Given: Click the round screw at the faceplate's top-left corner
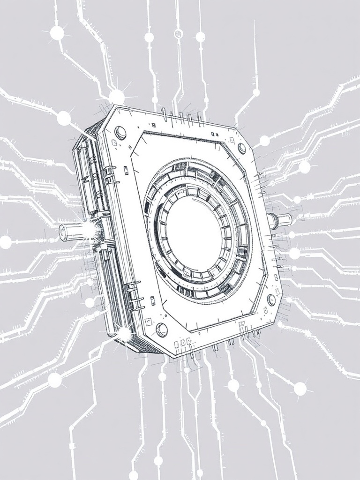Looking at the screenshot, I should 120,132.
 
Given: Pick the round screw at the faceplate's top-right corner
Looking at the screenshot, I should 242,148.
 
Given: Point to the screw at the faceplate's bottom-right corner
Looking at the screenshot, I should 271,300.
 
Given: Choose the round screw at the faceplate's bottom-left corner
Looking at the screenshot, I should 161,330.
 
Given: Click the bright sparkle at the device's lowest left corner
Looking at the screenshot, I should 125,334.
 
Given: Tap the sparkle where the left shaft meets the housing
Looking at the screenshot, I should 96,230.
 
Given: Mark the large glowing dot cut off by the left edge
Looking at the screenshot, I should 5,242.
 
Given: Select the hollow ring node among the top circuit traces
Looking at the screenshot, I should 178,33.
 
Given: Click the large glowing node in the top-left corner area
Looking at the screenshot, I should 57,33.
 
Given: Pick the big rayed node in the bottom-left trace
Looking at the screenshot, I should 55,380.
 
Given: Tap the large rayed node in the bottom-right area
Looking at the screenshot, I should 300,388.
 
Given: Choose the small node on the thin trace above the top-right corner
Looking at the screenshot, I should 256,93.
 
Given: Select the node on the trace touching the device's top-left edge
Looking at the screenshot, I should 64,118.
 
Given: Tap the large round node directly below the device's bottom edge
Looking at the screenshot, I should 233,385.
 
